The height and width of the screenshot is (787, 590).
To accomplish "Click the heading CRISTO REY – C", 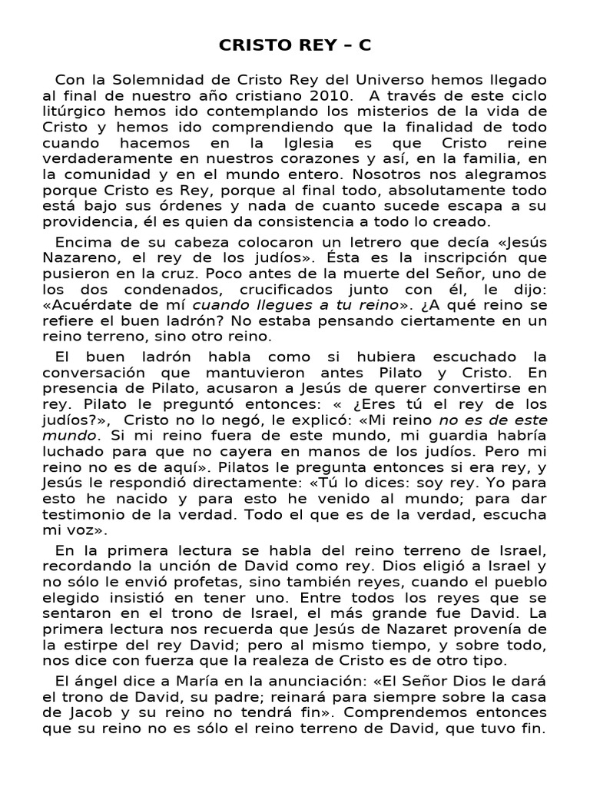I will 295,45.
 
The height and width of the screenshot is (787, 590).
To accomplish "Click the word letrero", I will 306,244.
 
